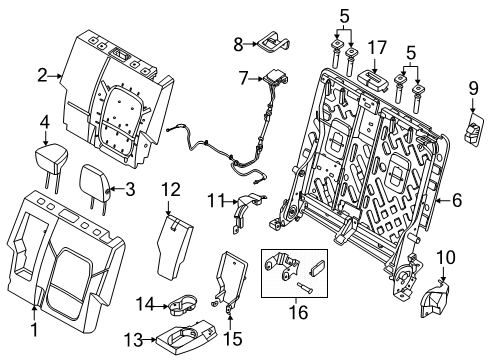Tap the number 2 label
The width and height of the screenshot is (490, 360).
(43, 74)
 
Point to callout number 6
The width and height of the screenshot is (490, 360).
(455, 200)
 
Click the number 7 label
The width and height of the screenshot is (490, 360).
(242, 76)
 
